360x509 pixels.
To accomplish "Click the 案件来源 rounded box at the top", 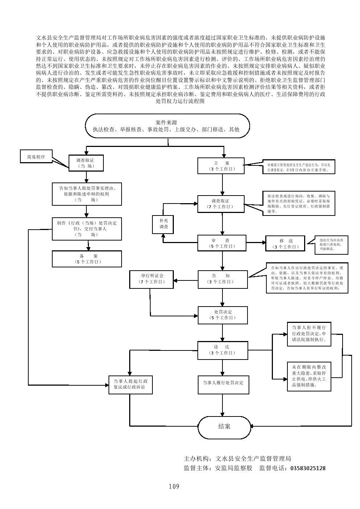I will coord(167,126).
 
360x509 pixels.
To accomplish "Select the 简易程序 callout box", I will coord(36,157).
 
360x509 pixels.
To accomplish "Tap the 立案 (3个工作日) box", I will coord(221,166).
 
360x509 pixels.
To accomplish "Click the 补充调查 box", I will coord(164,223).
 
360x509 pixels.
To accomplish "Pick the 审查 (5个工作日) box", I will coord(222,243).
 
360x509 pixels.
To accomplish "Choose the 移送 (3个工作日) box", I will coord(286,244).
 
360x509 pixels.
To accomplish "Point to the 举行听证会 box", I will coord(152,279).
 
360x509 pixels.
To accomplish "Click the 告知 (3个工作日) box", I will coord(222,279).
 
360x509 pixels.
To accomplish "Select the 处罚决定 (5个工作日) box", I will coord(222,315).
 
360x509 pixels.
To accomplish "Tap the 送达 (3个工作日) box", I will coord(222,350).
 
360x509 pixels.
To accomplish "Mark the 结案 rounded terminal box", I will coord(224,426).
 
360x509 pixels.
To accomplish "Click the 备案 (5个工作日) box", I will coord(86,259).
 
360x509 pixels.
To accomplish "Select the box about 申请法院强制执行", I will coord(309,334).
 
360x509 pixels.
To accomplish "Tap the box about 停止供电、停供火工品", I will coord(309,376).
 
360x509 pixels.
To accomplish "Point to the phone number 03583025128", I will coord(308,468).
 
